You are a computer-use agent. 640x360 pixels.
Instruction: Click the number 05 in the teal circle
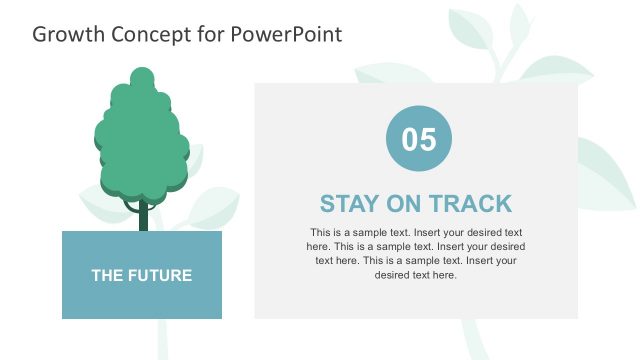(419, 139)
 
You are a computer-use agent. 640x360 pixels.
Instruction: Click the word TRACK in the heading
(471, 204)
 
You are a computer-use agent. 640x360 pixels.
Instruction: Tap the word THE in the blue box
(108, 275)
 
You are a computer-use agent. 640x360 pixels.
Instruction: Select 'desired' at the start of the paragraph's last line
(392, 274)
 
